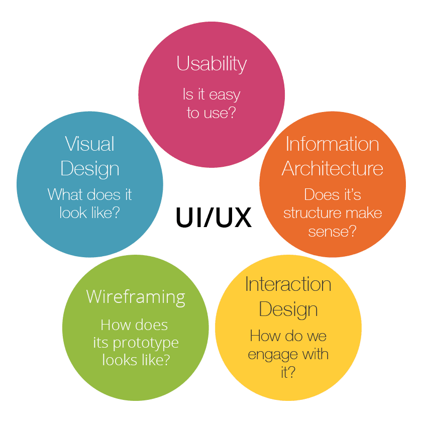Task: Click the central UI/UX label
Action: [x=214, y=217]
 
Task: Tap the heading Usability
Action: [x=211, y=64]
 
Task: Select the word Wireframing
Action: [x=136, y=296]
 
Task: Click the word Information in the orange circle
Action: [x=333, y=144]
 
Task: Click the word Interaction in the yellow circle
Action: [x=288, y=284]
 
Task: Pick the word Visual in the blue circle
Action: [x=90, y=144]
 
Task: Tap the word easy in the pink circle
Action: [x=225, y=94]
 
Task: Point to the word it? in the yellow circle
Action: [x=288, y=373]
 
